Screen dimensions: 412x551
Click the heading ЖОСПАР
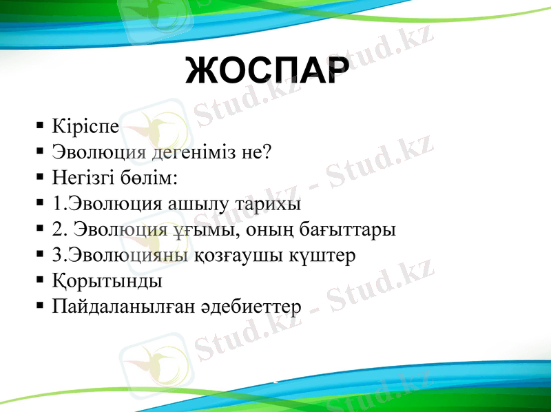(x=264, y=70)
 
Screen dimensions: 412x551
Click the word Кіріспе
(x=85, y=127)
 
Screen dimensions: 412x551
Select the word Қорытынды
(x=107, y=282)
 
